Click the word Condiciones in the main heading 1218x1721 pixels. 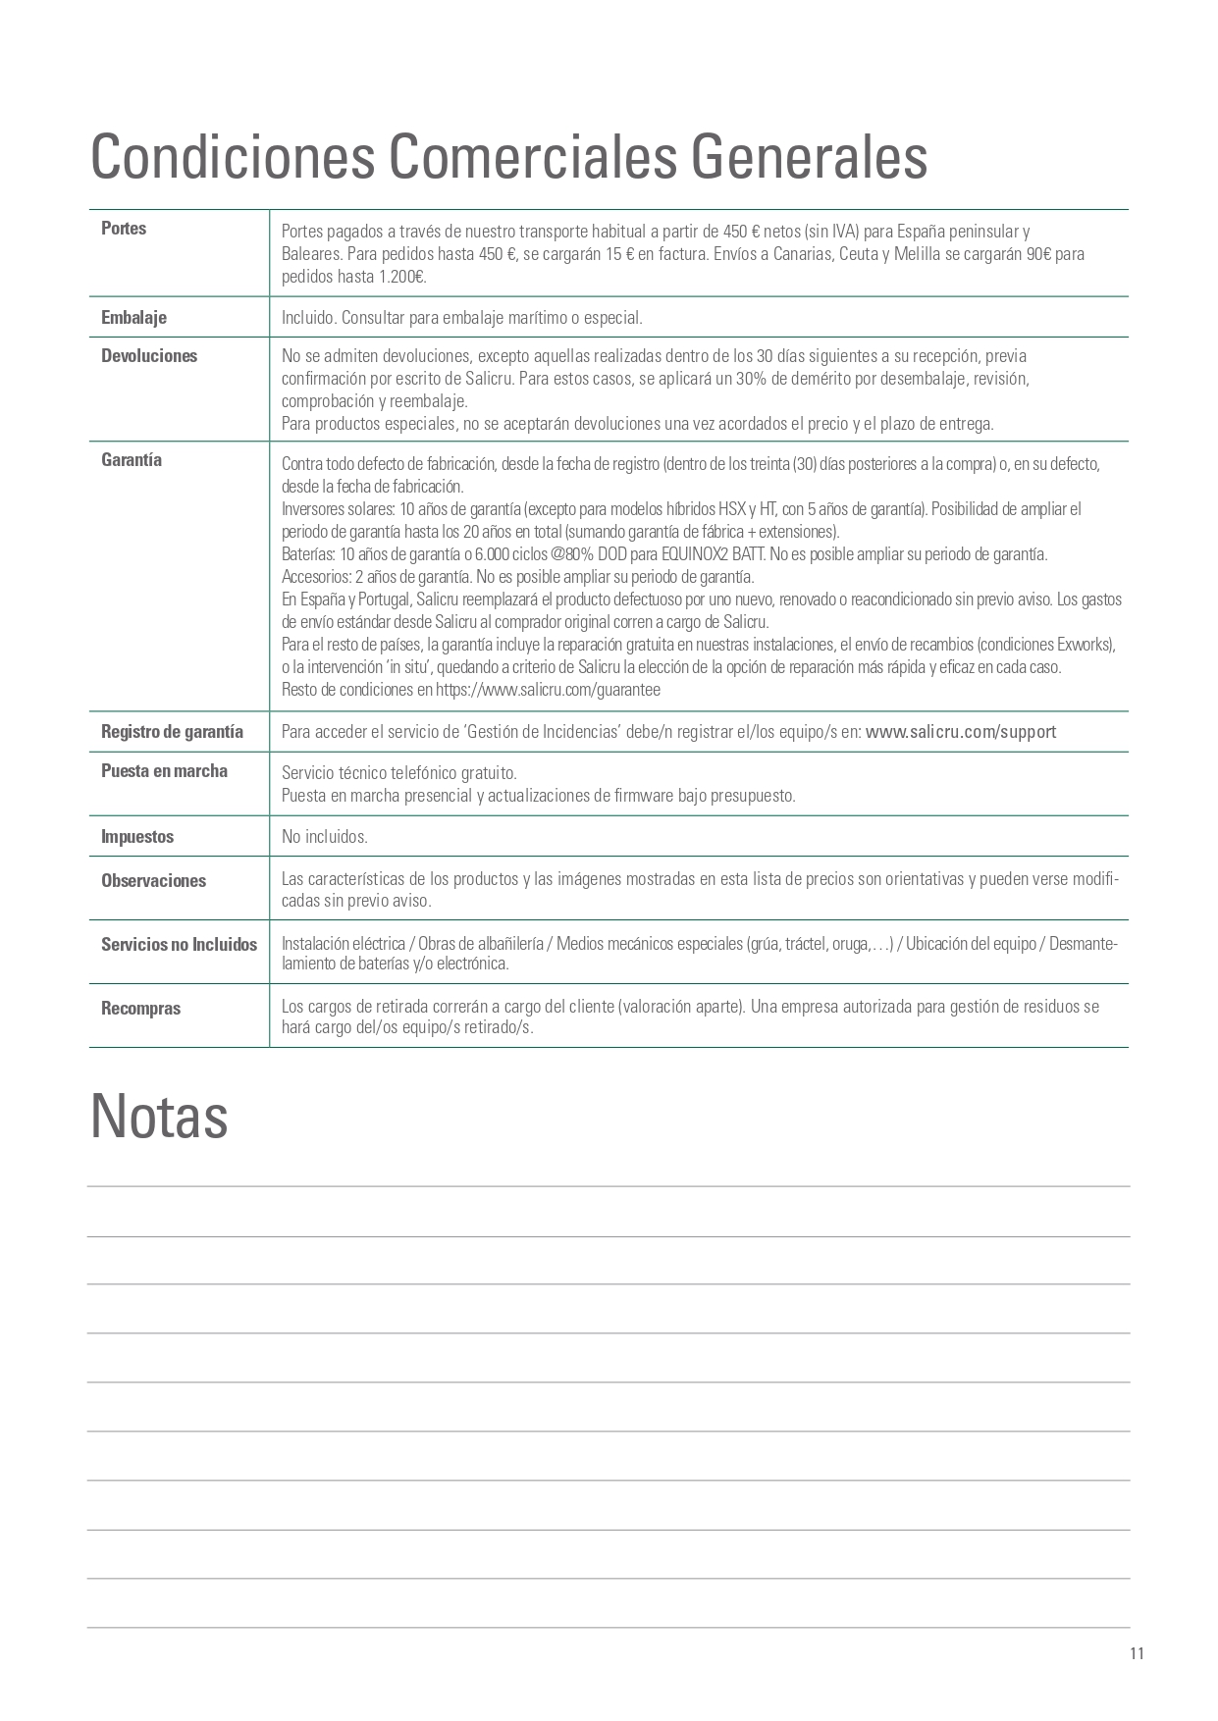[232, 157]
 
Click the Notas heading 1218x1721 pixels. [159, 1117]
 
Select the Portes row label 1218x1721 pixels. [124, 229]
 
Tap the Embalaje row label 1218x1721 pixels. [133, 318]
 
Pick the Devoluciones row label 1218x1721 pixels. [149, 356]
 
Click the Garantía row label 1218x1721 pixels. [132, 460]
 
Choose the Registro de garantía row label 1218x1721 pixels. [172, 732]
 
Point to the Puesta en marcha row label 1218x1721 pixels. [164, 771]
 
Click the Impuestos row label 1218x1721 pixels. [137, 837]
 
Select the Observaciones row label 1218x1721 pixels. [153, 881]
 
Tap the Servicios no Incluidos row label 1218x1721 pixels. [179, 945]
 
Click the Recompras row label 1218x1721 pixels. [140, 1009]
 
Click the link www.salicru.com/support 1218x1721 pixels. [961, 732]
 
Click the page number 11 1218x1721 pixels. [1137, 1653]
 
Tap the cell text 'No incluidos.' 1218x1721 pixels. [325, 837]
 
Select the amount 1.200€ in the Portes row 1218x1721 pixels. [402, 277]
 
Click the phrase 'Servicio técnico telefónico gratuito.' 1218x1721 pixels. [399, 773]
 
